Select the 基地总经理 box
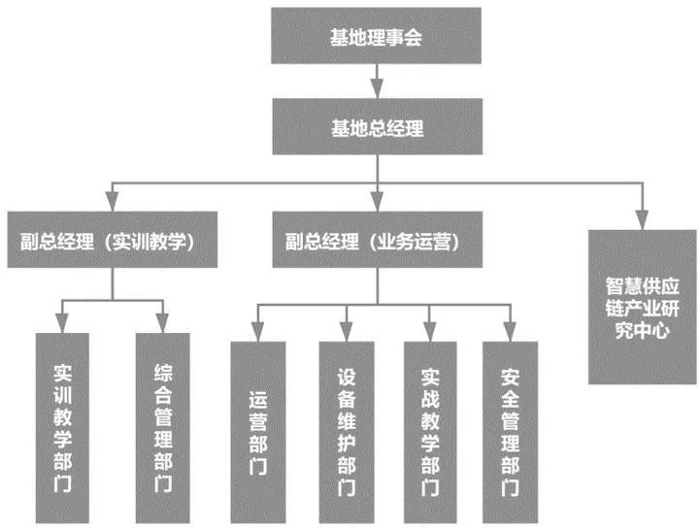pyautogui.click(x=377, y=127)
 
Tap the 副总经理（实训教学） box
pyautogui.click(x=113, y=240)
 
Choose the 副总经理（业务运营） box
pyautogui.click(x=376, y=240)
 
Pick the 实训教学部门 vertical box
pyautogui.click(x=62, y=428)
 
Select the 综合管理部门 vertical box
pyautogui.click(x=163, y=428)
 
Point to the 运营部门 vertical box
pyautogui.click(x=257, y=433)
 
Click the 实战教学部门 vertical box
pyautogui.click(x=429, y=433)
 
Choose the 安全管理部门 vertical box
pyautogui.click(x=508, y=433)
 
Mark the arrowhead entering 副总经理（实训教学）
pyautogui.click(x=113, y=204)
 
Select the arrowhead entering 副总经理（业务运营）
pyautogui.click(x=377, y=204)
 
